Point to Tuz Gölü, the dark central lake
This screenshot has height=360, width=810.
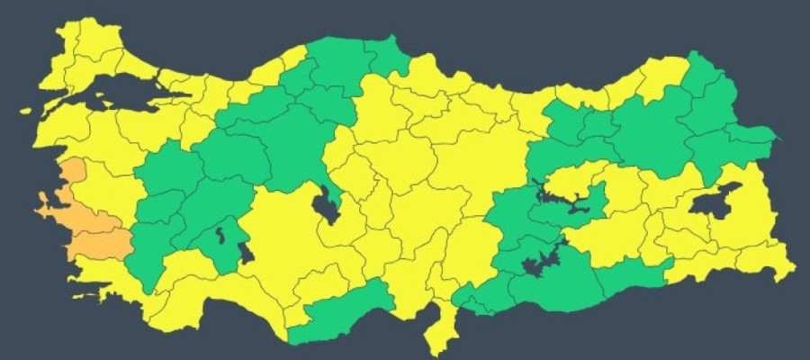324,206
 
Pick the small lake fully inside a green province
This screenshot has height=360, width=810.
220,238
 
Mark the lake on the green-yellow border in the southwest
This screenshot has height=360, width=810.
246,255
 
